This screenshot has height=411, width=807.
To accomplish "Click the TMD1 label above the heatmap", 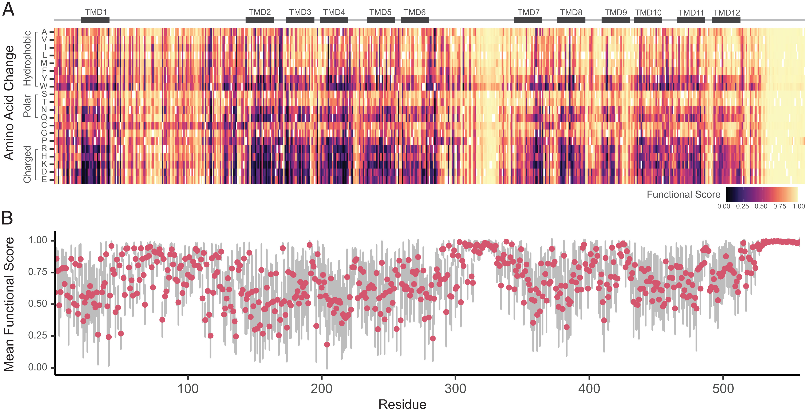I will [x=96, y=12].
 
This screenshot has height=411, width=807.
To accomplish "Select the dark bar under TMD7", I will [x=528, y=20].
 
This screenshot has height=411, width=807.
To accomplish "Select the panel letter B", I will [x=7, y=218].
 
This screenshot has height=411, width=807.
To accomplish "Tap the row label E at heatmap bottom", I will [x=44, y=180].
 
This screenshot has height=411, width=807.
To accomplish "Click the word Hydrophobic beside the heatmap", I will [x=27, y=59].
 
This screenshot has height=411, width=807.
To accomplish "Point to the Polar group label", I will [x=27, y=106].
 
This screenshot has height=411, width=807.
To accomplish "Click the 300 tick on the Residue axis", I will [x=455, y=389].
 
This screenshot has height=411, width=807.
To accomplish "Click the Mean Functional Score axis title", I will [x=9, y=304].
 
